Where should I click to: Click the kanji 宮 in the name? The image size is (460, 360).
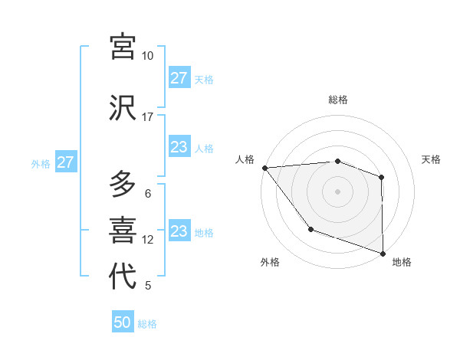click(x=123, y=46)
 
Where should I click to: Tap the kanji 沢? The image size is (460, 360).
click(x=123, y=107)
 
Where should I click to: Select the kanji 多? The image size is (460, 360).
click(x=123, y=184)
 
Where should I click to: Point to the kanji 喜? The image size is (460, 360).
click(x=123, y=230)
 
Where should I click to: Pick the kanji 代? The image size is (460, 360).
click(x=123, y=277)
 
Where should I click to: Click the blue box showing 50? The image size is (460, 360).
click(x=123, y=322)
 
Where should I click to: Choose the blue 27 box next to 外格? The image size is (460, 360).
click(x=65, y=162)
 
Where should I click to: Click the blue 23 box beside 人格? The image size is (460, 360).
click(x=179, y=147)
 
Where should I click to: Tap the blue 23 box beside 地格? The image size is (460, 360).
click(x=179, y=231)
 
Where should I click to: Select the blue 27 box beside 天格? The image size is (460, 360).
click(x=179, y=78)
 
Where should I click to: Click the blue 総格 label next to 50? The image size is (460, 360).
click(x=147, y=324)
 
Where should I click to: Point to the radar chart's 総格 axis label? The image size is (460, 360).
click(x=337, y=100)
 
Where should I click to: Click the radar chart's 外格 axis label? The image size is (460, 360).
click(x=269, y=262)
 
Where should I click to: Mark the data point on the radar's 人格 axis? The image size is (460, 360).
click(x=264, y=168)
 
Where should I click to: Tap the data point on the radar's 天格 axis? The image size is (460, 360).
click(x=381, y=177)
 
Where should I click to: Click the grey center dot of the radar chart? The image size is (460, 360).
click(x=337, y=191)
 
